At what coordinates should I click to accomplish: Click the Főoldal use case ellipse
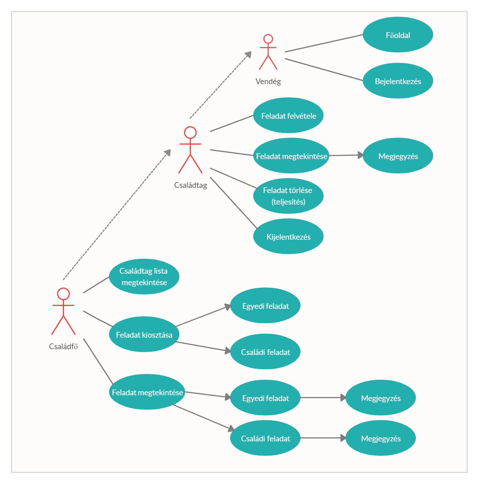(x=398, y=35)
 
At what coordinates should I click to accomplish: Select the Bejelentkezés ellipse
(x=398, y=81)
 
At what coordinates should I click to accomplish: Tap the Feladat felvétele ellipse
(x=288, y=115)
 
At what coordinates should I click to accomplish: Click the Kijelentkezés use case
(x=288, y=236)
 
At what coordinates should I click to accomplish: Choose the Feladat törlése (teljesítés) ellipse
(x=288, y=196)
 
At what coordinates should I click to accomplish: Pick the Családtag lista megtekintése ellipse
(x=144, y=277)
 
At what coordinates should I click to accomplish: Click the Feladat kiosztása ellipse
(x=144, y=334)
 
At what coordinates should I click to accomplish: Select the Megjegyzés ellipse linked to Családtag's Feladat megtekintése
(x=398, y=156)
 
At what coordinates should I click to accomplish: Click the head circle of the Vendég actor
(x=268, y=39)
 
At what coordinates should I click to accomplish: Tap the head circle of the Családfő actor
(x=63, y=294)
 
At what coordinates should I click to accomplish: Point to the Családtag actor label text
(x=191, y=185)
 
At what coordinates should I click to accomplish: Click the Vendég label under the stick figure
(x=268, y=82)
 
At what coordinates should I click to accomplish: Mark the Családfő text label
(x=63, y=346)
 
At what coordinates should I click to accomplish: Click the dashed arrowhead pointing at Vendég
(x=249, y=54)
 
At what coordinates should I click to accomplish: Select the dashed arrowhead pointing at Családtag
(x=168, y=153)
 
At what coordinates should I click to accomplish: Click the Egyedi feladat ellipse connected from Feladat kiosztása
(x=265, y=305)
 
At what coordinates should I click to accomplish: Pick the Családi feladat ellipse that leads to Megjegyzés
(x=265, y=438)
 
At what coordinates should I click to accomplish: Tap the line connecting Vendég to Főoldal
(x=323, y=43)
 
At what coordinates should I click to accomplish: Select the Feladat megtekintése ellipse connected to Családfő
(x=147, y=392)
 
